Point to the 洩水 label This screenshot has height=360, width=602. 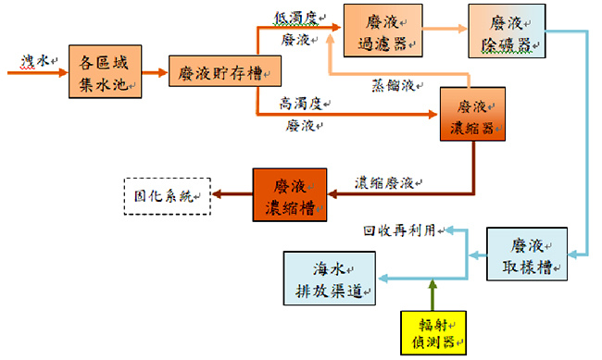point(37,60)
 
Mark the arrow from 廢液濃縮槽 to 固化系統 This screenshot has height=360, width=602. point(232,194)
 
